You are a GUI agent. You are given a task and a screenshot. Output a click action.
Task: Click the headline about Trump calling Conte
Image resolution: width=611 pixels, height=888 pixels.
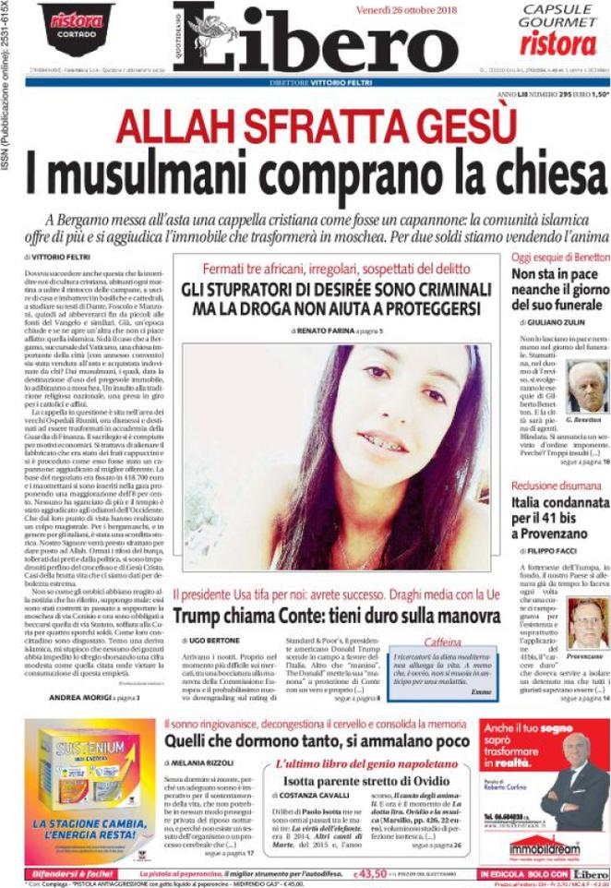(x=337, y=614)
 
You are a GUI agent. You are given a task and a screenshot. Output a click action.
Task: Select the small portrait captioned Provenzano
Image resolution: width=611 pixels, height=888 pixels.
(x=587, y=622)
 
